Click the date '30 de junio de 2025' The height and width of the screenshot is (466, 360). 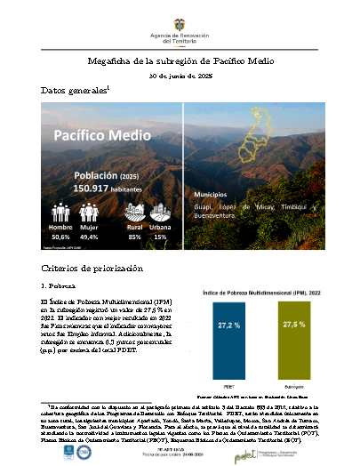click(x=180, y=77)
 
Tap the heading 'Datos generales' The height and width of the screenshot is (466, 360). click(x=75, y=92)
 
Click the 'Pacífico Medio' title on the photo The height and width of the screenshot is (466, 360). click(x=91, y=134)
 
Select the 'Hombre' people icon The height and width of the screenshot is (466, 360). click(x=60, y=212)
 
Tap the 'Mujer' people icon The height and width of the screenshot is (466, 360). click(x=88, y=212)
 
